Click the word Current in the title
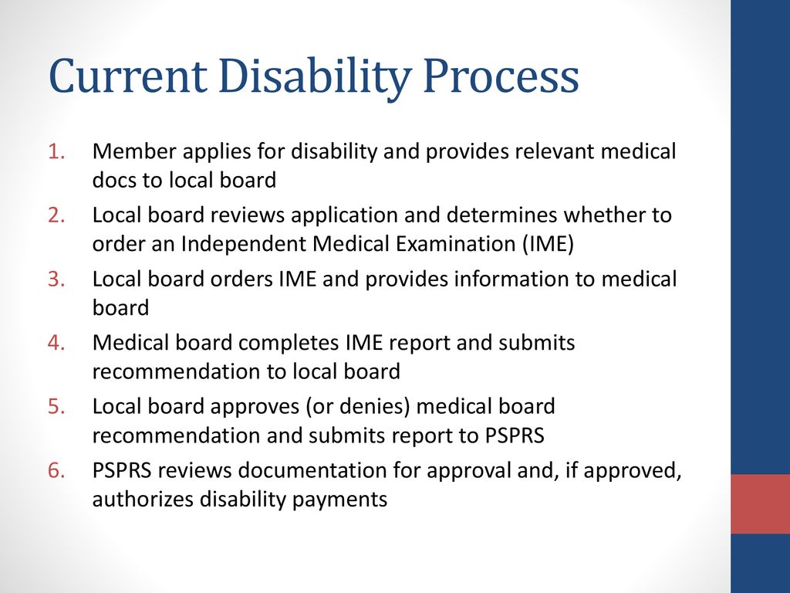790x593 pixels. click(x=128, y=76)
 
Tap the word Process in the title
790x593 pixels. click(x=501, y=76)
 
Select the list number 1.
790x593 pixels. click(x=57, y=151)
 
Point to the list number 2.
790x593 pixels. click(x=57, y=215)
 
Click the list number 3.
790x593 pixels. click(x=57, y=279)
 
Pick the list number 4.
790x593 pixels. click(x=57, y=342)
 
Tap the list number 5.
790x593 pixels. click(x=57, y=406)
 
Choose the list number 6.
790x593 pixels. click(x=57, y=470)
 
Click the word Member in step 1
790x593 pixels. click(x=134, y=151)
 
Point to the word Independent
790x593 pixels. click(x=244, y=244)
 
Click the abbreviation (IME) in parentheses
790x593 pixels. click(x=548, y=244)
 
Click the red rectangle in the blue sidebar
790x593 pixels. click(x=760, y=503)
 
